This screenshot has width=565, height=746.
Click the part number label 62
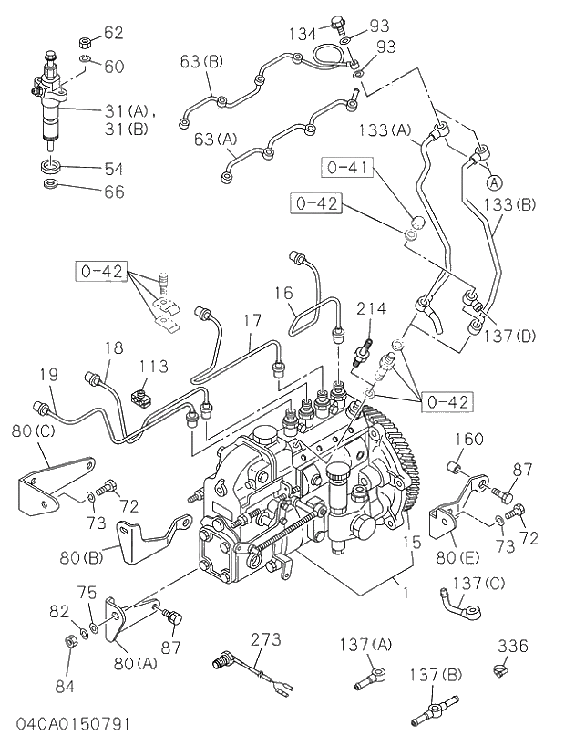click(x=113, y=34)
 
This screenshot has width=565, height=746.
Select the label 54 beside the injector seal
click(x=113, y=169)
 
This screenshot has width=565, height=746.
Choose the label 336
click(x=513, y=647)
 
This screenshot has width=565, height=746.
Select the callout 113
click(x=153, y=366)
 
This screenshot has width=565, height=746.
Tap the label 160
click(x=469, y=440)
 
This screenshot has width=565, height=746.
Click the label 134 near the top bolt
click(x=303, y=34)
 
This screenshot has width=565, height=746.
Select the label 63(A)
click(x=215, y=139)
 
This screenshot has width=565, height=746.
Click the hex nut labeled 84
click(x=72, y=640)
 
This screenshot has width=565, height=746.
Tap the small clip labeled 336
click(x=501, y=673)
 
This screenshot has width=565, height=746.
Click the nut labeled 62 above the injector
click(x=84, y=41)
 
